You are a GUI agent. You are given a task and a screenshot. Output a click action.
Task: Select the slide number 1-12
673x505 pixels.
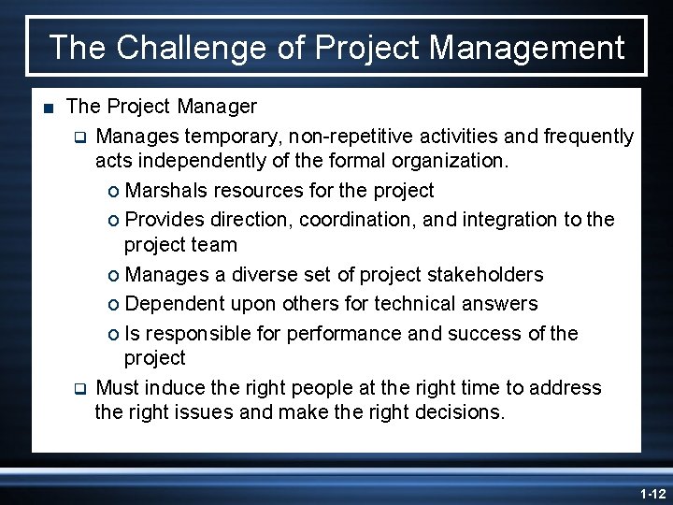tap(651, 493)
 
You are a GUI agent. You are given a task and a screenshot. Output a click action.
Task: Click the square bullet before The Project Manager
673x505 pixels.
tap(49, 107)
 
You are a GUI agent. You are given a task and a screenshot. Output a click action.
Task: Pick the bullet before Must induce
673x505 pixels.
tap(80, 387)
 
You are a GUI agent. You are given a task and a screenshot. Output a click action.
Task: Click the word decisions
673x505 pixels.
tap(457, 412)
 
